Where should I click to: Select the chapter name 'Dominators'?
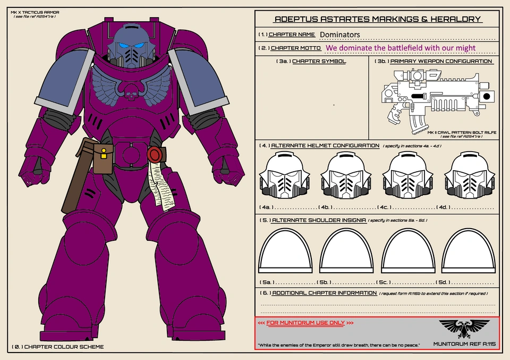click(x=340, y=35)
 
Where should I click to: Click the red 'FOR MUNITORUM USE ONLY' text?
click(x=305, y=323)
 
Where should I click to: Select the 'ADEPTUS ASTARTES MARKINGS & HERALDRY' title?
click(x=377, y=20)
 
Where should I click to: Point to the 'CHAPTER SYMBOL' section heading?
click(x=319, y=61)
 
